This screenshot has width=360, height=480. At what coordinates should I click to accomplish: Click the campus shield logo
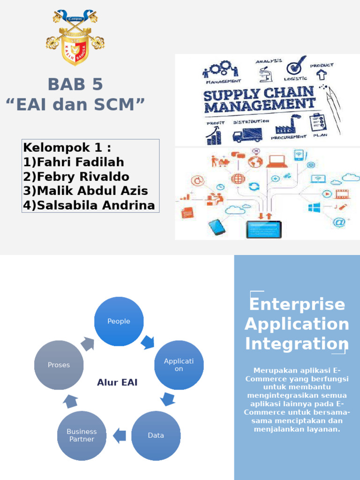(x=75, y=37)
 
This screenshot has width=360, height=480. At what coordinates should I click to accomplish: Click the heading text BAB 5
(x=75, y=84)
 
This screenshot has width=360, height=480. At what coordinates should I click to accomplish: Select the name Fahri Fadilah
(x=80, y=162)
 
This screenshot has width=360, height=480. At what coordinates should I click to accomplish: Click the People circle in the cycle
(x=119, y=322)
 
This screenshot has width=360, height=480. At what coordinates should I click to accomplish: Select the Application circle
(x=179, y=365)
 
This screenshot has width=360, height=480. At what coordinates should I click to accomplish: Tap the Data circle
(x=156, y=435)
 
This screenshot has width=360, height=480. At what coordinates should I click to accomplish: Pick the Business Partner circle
(x=82, y=435)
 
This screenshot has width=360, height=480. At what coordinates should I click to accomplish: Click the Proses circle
(x=59, y=365)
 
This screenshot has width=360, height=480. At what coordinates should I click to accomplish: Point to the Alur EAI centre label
(x=117, y=382)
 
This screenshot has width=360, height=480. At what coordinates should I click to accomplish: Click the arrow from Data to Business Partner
(x=120, y=435)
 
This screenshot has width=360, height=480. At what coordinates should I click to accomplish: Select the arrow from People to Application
(x=148, y=342)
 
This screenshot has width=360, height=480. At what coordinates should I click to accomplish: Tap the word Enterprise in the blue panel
(x=297, y=304)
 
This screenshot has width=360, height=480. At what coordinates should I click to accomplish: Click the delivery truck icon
(x=247, y=135)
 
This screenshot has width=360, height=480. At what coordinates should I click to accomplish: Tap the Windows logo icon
(x=314, y=207)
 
